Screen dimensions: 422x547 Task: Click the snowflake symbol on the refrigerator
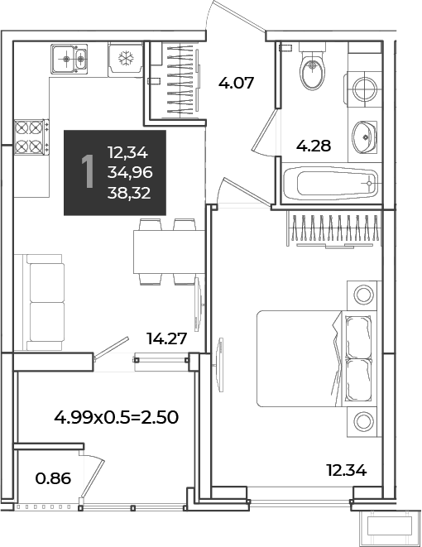pyautogui.click(x=126, y=58)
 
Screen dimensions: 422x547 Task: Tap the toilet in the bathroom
pyautogui.click(x=312, y=66)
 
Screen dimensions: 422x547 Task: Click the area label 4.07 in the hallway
pyautogui.click(x=236, y=83)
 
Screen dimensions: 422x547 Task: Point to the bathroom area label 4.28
pyautogui.click(x=313, y=146)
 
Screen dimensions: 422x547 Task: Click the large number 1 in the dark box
pyautogui.click(x=88, y=172)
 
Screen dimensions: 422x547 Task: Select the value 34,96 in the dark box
pyautogui.click(x=130, y=172)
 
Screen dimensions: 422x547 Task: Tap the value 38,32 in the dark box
pyautogui.click(x=129, y=193)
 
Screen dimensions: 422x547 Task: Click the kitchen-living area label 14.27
pyautogui.click(x=166, y=338)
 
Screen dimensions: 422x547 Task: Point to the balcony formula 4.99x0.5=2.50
pyautogui.click(x=117, y=417)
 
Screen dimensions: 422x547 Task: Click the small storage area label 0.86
pyautogui.click(x=53, y=478)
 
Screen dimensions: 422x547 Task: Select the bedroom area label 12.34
pyautogui.click(x=347, y=470)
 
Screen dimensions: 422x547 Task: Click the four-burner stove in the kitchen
pyautogui.click(x=31, y=137)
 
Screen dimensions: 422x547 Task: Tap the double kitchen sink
pyautogui.click(x=69, y=59)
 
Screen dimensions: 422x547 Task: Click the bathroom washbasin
pyautogui.click(x=364, y=137)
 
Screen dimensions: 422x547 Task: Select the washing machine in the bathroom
pyautogui.click(x=363, y=89)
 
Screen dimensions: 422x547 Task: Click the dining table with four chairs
pyautogui.click(x=169, y=252)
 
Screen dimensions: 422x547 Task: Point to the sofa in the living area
pyautogui.click(x=40, y=302)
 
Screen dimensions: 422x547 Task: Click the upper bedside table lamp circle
pyautogui.click(x=363, y=295)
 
